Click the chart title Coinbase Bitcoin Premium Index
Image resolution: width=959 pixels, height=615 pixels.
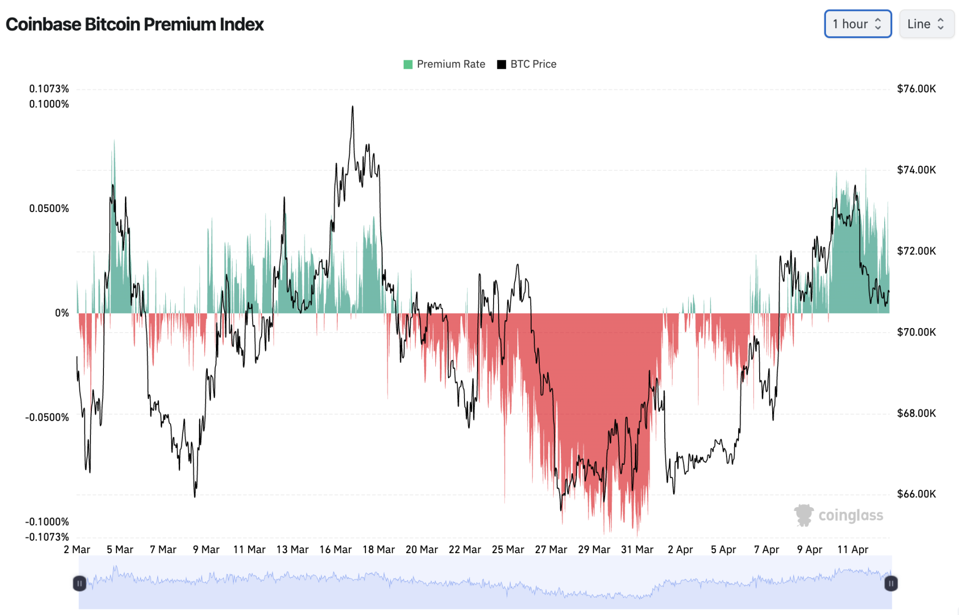[x=135, y=24]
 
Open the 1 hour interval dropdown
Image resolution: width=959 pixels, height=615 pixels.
[x=857, y=24]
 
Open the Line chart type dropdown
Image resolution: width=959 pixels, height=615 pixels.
[x=926, y=24]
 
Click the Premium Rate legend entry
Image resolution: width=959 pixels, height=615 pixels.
[x=444, y=64]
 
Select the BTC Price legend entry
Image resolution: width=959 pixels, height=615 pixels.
[x=527, y=64]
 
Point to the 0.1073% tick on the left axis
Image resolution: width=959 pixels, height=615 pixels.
[x=49, y=89]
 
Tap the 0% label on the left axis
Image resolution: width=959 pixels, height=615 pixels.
[x=62, y=313]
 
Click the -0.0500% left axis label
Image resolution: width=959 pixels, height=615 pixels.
[x=47, y=418]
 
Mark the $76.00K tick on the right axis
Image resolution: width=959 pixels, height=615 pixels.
[x=916, y=89]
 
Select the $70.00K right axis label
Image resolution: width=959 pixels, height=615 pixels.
[x=916, y=332]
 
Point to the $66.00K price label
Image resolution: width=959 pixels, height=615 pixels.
[x=916, y=494]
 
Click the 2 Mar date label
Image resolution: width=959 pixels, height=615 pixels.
[x=77, y=550]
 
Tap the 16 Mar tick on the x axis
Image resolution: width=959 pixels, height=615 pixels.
[x=335, y=550]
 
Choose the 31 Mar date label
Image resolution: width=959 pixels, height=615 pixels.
[x=637, y=550]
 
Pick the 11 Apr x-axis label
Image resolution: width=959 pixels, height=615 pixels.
[x=853, y=550]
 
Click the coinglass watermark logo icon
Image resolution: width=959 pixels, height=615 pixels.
[x=803, y=516]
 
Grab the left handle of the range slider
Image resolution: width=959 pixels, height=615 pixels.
[x=79, y=583]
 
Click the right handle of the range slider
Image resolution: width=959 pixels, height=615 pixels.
[x=891, y=583]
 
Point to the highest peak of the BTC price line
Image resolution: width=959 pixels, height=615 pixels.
[x=352, y=107]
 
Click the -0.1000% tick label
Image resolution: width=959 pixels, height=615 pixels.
[x=47, y=522]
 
